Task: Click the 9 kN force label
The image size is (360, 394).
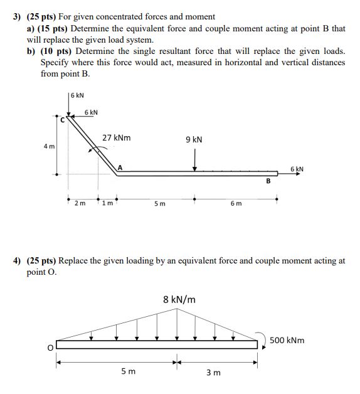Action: click(194, 139)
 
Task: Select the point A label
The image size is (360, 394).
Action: click(120, 167)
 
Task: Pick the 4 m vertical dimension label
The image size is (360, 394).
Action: click(48, 146)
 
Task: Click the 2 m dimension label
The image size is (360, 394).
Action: click(80, 204)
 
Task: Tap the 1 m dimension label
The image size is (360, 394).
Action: click(109, 204)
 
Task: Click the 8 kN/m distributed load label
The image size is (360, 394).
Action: click(179, 299)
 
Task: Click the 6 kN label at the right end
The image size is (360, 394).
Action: click(297, 169)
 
